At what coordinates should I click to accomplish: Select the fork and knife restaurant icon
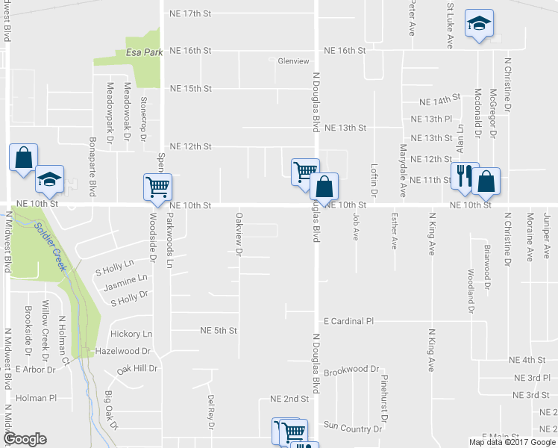point(464,176)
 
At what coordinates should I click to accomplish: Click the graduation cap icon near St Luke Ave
point(478,24)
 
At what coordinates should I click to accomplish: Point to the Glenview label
point(292,62)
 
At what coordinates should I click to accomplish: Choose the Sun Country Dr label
point(352,429)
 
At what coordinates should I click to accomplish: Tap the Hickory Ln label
point(131,334)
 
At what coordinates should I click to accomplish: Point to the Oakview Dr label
point(239,234)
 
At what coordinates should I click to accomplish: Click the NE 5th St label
point(219,330)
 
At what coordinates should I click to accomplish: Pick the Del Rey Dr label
point(211,411)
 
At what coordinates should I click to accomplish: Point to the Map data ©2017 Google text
point(512,442)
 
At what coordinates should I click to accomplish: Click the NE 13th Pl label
point(432,119)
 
